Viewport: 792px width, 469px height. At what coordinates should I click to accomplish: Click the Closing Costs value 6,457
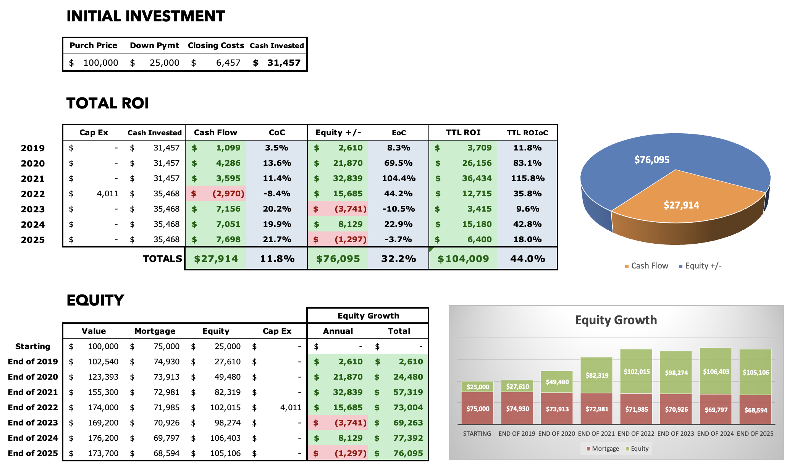click(228, 63)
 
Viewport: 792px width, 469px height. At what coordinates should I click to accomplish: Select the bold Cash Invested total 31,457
click(284, 63)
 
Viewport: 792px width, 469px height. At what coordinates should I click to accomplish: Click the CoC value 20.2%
click(277, 209)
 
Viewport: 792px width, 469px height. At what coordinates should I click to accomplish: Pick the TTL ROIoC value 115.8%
click(528, 178)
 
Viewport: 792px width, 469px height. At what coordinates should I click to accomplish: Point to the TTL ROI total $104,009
click(463, 259)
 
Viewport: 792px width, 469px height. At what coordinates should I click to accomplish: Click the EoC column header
click(399, 133)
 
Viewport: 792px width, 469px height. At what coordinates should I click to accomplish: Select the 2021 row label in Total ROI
click(33, 179)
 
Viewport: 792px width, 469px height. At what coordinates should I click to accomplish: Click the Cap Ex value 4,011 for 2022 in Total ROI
click(107, 194)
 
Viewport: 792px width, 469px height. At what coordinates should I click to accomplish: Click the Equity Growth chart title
click(616, 320)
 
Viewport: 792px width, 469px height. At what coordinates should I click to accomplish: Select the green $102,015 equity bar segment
click(636, 371)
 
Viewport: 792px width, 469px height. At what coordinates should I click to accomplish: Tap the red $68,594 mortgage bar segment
click(755, 410)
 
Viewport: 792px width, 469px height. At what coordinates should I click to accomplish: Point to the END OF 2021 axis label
click(596, 433)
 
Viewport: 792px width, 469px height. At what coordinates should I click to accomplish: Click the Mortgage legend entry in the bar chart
click(603, 448)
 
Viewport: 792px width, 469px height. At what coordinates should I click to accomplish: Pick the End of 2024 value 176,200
click(103, 438)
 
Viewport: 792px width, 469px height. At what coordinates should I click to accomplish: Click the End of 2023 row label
click(33, 423)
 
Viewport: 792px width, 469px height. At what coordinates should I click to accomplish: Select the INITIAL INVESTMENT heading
click(146, 16)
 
